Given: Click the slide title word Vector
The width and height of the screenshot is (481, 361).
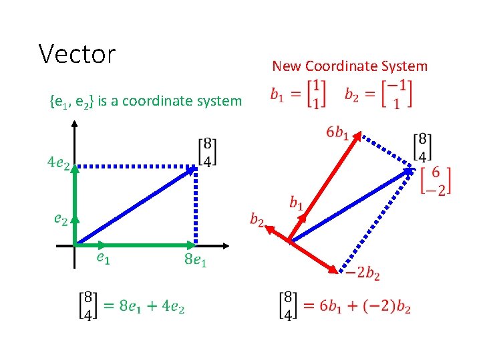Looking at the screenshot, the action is pyautogui.click(x=77, y=53).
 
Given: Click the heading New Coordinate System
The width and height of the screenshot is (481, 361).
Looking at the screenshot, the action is pyautogui.click(x=349, y=66).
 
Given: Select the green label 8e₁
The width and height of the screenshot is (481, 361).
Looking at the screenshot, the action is pyautogui.click(x=196, y=259).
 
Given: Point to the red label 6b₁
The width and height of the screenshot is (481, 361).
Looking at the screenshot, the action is pyautogui.click(x=337, y=133).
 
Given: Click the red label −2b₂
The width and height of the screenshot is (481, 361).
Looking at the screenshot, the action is pyautogui.click(x=362, y=273).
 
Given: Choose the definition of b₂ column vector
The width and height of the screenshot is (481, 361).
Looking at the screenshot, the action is pyautogui.click(x=378, y=94).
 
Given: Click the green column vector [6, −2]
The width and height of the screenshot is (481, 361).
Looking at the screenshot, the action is pyautogui.click(x=437, y=180).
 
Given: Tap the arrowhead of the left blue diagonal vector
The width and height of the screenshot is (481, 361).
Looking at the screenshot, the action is pyautogui.click(x=192, y=169).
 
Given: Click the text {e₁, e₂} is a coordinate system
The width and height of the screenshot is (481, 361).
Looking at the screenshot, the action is pyautogui.click(x=146, y=101).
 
